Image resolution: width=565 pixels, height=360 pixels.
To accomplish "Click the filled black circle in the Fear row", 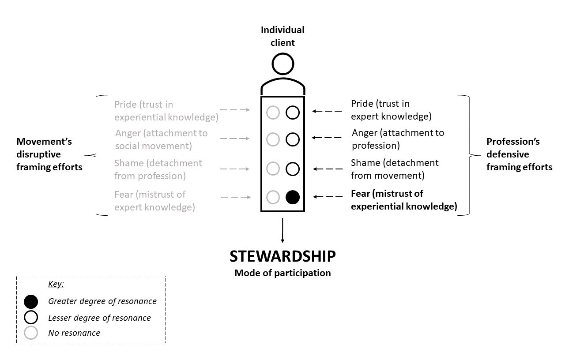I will pos(292,197).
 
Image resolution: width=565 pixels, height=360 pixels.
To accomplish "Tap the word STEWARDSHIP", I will pos(282,256).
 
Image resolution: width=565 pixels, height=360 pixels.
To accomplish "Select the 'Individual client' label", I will pos(282,36).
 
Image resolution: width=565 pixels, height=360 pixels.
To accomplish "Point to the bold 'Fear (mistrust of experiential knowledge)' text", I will pos(403,199).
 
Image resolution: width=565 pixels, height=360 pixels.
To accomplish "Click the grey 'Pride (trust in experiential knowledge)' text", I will pos(166,111).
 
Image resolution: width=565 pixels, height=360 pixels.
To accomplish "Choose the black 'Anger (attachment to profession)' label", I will pos(398,139).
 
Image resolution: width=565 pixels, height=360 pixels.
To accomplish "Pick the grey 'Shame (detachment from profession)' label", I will pos(158,169).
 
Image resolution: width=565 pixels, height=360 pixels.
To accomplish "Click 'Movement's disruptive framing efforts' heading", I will pos(49,154).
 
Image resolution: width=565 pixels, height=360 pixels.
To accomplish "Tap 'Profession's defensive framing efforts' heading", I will pos(519,154).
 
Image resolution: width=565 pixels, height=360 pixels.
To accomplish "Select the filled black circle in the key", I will pos(31,302).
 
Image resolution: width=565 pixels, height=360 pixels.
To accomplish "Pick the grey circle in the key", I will pos(31,333).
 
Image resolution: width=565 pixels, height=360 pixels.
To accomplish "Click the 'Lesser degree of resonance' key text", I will pos(99,318).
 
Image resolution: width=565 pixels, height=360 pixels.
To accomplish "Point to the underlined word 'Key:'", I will pos(56,284).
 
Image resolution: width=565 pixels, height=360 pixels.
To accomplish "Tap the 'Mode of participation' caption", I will pos(282,273).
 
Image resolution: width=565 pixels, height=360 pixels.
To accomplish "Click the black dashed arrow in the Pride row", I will pos(327,111).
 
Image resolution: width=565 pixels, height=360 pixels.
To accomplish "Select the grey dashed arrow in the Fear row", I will pos(236,197).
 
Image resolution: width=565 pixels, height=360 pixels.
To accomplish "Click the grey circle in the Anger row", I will pos(273,140).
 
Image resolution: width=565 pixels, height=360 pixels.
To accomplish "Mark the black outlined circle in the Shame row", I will pos(292,169).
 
